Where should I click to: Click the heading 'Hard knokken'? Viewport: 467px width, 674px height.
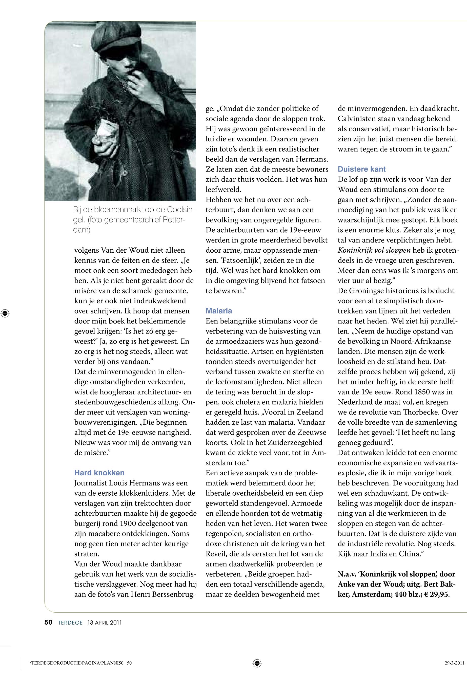tap(99, 473)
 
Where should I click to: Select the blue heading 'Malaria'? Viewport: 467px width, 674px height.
tap(219, 311)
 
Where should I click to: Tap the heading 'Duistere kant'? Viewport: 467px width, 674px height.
tap(362, 169)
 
